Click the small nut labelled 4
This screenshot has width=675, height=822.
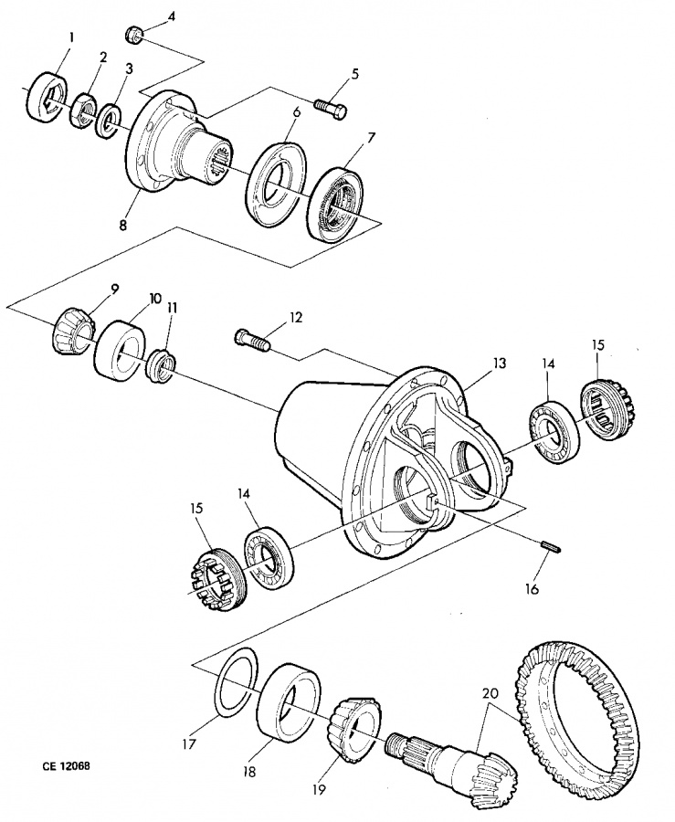click(x=133, y=36)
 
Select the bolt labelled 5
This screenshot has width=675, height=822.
click(x=331, y=108)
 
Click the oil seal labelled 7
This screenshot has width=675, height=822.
click(x=335, y=205)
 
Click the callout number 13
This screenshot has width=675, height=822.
click(x=500, y=364)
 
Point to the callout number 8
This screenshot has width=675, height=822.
click(x=122, y=225)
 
